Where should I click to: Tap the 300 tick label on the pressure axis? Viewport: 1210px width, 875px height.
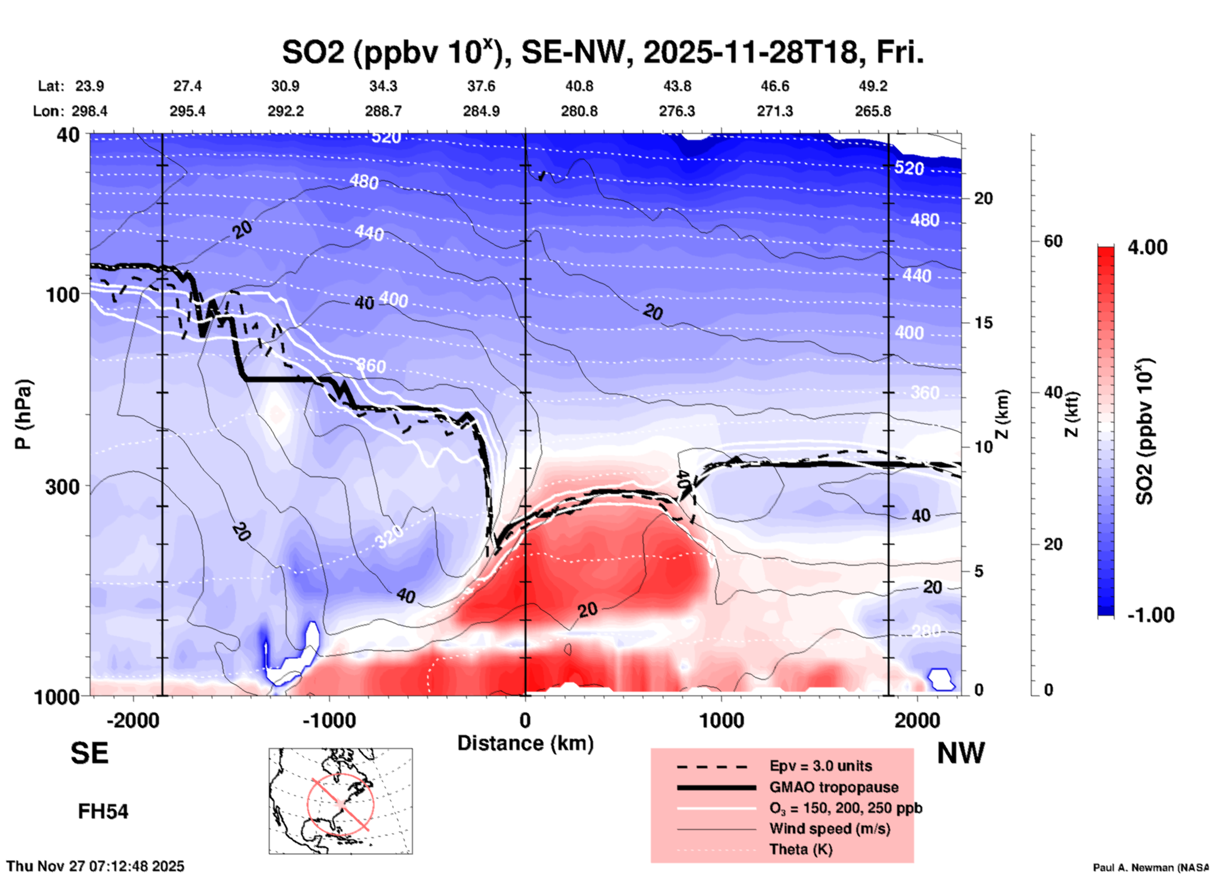(63, 486)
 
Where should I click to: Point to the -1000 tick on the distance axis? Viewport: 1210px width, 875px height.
(329, 720)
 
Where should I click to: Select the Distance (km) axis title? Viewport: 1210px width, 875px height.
(525, 743)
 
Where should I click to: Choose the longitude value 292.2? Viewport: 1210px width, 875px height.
(286, 111)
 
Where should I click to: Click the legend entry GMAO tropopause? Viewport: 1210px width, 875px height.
(834, 787)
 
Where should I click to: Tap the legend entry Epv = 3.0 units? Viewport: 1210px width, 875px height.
(820, 766)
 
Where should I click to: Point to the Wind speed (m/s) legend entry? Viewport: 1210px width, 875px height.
(829, 829)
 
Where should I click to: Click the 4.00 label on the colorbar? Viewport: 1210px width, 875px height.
(1147, 247)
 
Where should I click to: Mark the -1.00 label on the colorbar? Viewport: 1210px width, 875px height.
(1150, 615)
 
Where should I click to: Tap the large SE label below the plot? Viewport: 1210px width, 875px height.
(89, 753)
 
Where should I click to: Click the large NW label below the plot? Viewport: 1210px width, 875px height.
(961, 753)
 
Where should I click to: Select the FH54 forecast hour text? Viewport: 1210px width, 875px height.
(103, 811)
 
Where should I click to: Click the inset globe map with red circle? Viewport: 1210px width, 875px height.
(341, 801)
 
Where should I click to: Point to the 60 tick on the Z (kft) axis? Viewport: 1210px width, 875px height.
(1053, 241)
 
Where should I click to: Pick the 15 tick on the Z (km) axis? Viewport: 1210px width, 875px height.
(983, 323)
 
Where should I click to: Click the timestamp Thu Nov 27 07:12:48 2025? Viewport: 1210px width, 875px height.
(95, 866)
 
